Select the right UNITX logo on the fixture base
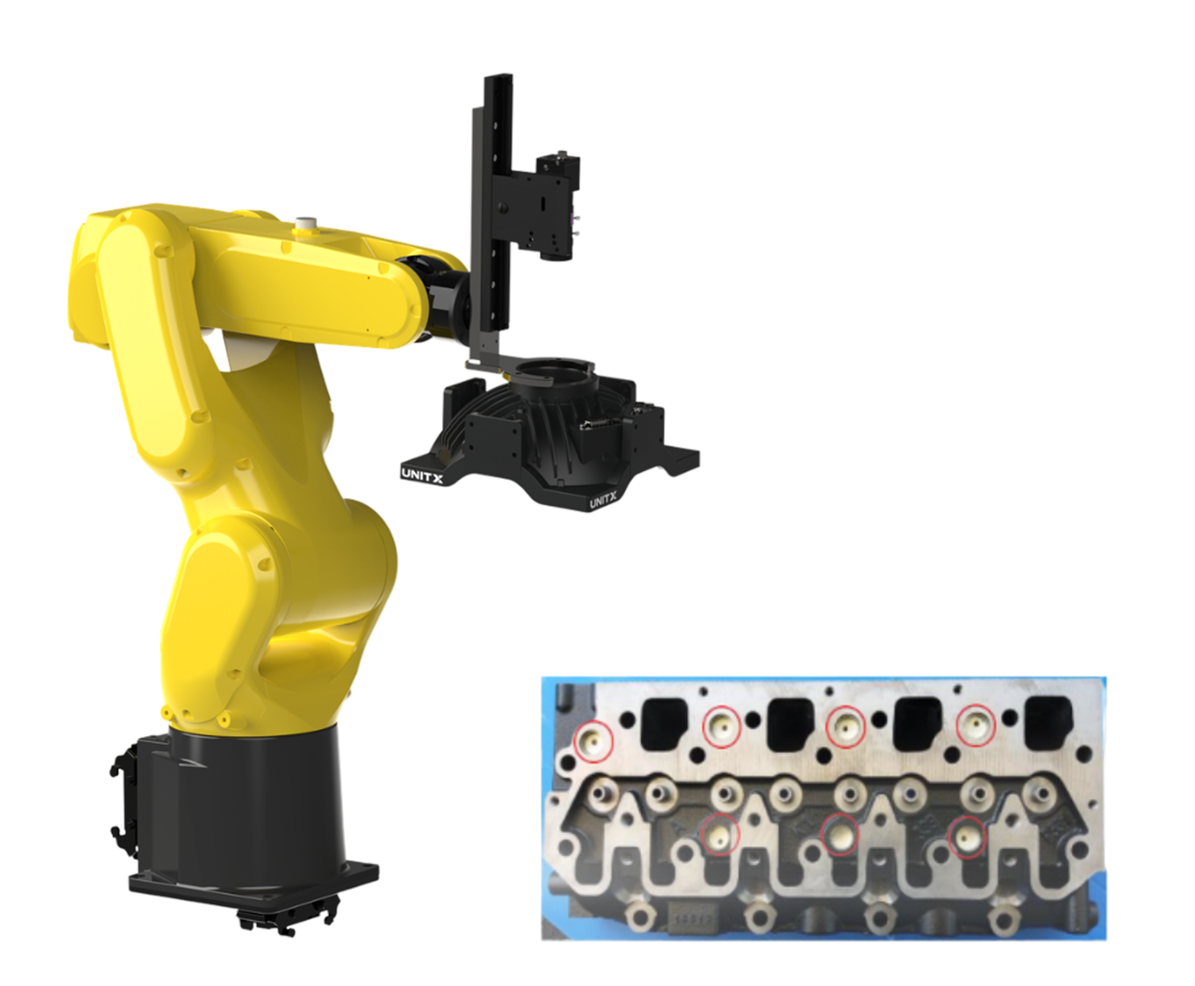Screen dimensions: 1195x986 603,500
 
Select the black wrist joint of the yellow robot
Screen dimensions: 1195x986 449,298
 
